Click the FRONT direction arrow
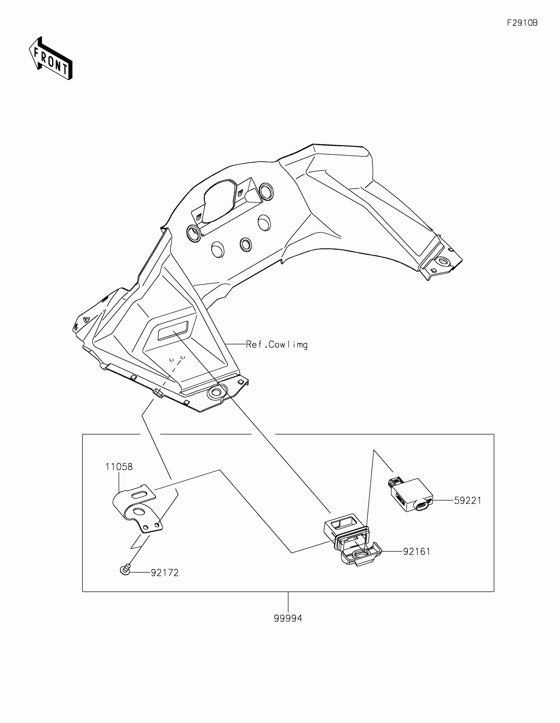[x=51, y=58]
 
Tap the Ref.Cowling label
[x=276, y=345]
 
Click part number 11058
[x=119, y=467]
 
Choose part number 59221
[x=467, y=500]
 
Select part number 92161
[x=417, y=551]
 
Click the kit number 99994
[x=288, y=618]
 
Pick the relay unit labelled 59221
[x=411, y=495]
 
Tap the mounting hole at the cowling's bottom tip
[x=215, y=393]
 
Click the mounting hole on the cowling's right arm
[x=443, y=262]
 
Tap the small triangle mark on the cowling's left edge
[x=86, y=319]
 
